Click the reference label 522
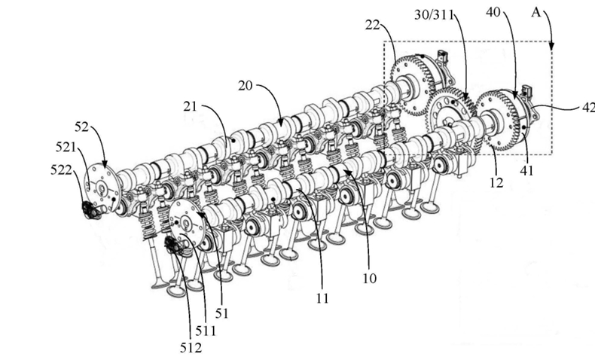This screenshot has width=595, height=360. pyautogui.click(x=61, y=170)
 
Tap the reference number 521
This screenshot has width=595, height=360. pyautogui.click(x=66, y=147)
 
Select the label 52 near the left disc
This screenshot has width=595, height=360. pyautogui.click(x=81, y=127)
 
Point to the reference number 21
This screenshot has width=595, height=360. pyautogui.click(x=190, y=107)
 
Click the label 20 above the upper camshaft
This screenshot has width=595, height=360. pyautogui.click(x=245, y=86)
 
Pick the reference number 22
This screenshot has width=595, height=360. pyautogui.click(x=372, y=25)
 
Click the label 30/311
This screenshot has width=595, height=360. pyautogui.click(x=434, y=15)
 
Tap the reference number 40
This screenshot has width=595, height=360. pyautogui.click(x=493, y=12)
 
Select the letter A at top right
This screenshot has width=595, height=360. pyautogui.click(x=535, y=13)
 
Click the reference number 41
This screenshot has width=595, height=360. pyautogui.click(x=526, y=171)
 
